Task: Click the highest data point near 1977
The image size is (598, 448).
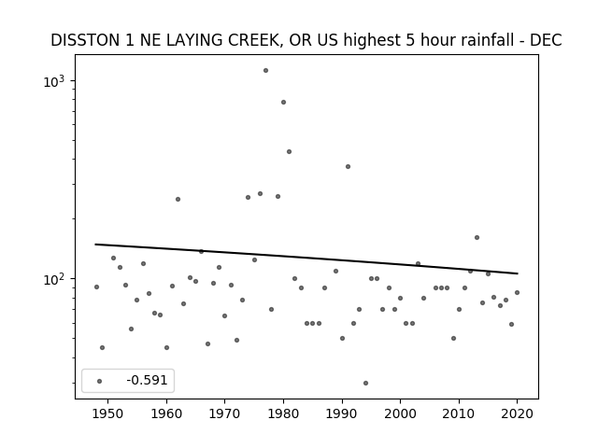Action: tap(265, 71)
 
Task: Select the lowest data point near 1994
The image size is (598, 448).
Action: tap(365, 384)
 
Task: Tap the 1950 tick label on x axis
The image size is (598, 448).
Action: tap(108, 414)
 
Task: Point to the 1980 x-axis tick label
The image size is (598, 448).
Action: tap(283, 414)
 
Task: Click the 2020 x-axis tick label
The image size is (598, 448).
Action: tap(517, 414)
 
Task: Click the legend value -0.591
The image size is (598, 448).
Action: tap(147, 380)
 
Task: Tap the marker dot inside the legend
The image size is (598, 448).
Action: tap(100, 381)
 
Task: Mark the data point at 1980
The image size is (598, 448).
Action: tap(283, 102)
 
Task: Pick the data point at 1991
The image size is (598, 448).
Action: tap(348, 166)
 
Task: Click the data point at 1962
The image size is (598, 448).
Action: tap(178, 199)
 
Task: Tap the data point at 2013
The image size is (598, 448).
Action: tap(477, 238)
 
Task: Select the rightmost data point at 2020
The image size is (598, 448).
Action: tap(517, 292)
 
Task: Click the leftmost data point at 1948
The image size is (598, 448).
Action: tap(96, 287)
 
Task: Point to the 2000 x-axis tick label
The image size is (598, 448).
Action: tap(401, 414)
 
